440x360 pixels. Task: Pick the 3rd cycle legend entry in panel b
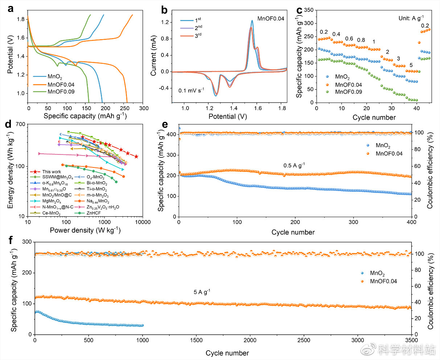(x=198, y=36)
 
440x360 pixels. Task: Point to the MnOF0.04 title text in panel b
(x=271, y=18)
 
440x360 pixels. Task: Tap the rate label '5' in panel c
(x=411, y=65)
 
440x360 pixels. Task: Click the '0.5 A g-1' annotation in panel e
(x=294, y=166)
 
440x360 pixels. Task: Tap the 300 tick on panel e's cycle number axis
(x=353, y=222)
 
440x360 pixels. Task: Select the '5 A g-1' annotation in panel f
(x=202, y=292)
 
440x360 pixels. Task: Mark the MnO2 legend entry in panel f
(x=377, y=274)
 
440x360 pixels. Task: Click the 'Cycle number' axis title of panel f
(x=227, y=353)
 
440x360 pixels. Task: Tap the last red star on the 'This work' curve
(x=136, y=157)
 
